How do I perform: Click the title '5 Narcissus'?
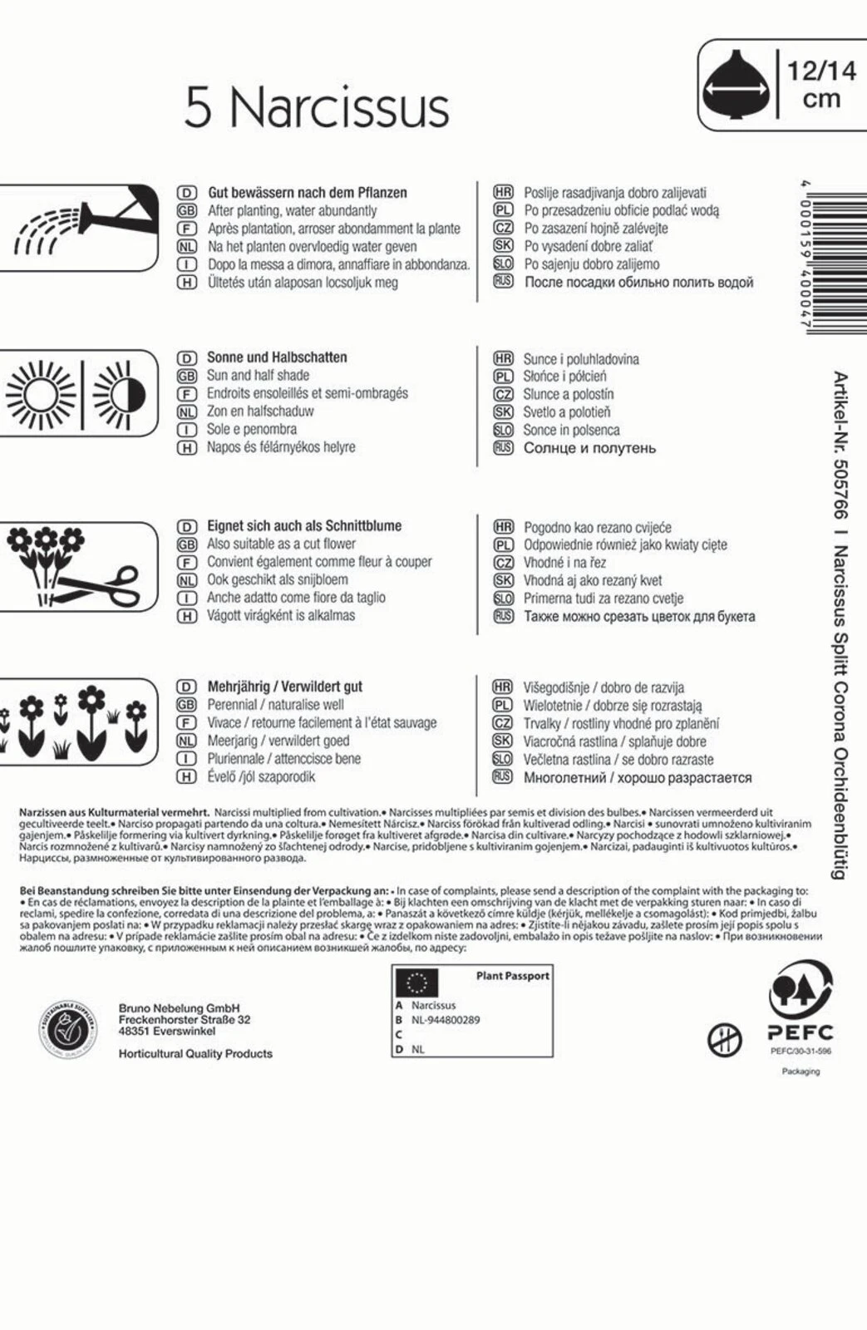(316, 107)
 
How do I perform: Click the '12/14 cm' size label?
(821, 84)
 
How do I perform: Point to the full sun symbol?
(41, 393)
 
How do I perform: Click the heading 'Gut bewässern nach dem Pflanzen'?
(307, 192)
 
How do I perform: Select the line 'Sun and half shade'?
(258, 375)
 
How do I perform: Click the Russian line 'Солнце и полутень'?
(589, 448)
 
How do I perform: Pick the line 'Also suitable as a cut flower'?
(281, 544)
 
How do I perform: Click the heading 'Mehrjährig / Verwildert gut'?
(284, 687)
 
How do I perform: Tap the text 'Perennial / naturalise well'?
(275, 705)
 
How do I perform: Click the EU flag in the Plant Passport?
(416, 983)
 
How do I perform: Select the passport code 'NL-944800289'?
(446, 1020)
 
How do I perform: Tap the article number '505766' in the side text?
(840, 490)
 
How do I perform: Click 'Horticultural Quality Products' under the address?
(195, 1053)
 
